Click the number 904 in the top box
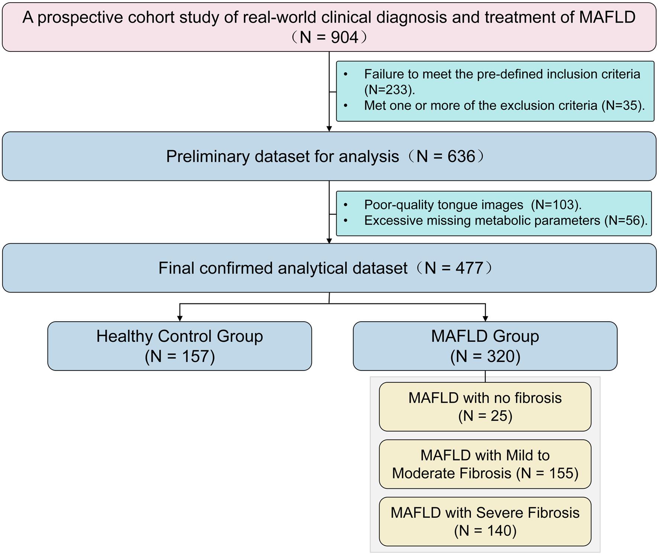(x=344, y=37)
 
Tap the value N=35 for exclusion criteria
(x=622, y=105)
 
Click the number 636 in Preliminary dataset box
(x=461, y=156)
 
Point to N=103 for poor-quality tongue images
(x=555, y=204)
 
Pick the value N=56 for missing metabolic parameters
(x=625, y=220)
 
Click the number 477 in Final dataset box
(x=469, y=268)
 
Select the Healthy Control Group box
(x=180, y=346)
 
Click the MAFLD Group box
(x=485, y=346)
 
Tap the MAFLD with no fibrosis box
(x=485, y=406)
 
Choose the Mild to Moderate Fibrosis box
(x=485, y=464)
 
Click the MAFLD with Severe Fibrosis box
(x=485, y=521)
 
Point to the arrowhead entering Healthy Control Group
(x=180, y=319)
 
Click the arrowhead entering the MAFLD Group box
(x=485, y=319)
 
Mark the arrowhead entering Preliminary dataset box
(x=329, y=129)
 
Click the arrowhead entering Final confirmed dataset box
(x=329, y=241)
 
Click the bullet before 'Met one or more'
(x=345, y=106)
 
